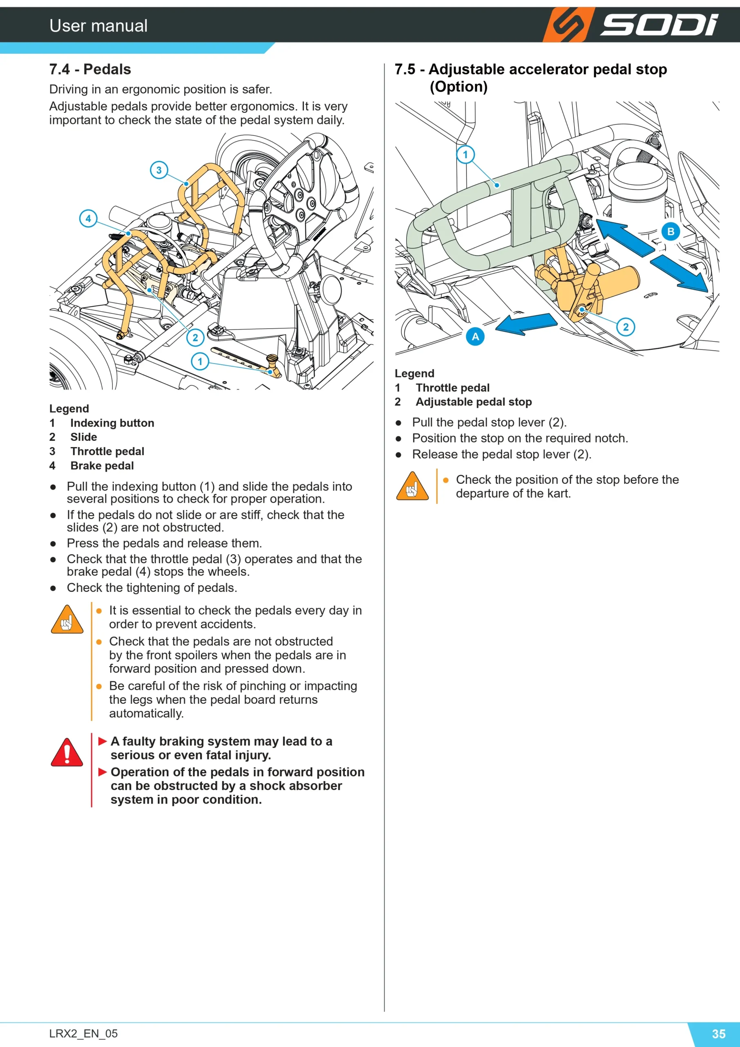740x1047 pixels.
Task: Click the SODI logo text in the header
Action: tap(659, 25)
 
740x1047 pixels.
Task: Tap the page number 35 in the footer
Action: tap(719, 1034)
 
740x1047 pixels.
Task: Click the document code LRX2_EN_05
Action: tap(83, 1034)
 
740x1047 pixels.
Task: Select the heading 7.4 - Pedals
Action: tap(90, 69)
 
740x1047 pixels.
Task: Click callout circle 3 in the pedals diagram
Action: tap(159, 170)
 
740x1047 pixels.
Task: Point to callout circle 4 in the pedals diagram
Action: tap(88, 218)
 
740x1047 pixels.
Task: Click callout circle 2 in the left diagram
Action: tap(195, 337)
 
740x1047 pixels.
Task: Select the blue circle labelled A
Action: tap(475, 337)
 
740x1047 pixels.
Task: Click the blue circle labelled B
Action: tap(671, 231)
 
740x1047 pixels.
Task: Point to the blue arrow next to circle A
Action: tap(526, 324)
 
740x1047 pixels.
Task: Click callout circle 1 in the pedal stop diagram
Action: tap(465, 154)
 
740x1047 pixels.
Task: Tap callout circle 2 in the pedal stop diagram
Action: tap(626, 327)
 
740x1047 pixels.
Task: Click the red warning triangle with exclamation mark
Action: tap(67, 752)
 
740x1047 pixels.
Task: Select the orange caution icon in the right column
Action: tap(412, 486)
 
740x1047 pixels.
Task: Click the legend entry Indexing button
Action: tap(112, 423)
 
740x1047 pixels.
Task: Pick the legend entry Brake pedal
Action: tap(102, 465)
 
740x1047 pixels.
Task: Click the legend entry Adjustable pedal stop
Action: tap(474, 402)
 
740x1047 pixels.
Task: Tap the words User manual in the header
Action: tap(98, 25)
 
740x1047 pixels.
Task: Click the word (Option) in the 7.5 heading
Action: tap(458, 87)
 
